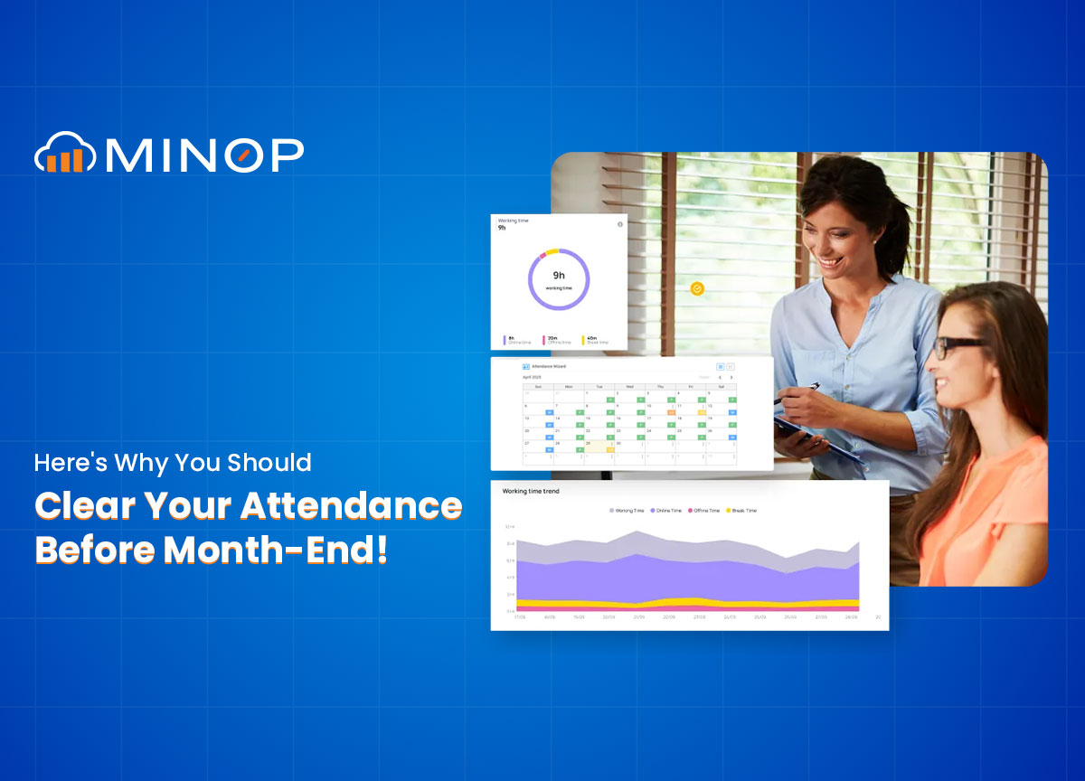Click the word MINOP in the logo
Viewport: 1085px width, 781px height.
204,155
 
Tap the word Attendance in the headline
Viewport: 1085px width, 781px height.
353,505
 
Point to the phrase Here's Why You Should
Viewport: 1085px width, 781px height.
173,463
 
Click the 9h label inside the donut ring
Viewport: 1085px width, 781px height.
559,275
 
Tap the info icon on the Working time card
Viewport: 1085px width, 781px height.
620,224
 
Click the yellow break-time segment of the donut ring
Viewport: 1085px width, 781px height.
551,252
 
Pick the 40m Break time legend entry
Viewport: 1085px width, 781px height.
594,339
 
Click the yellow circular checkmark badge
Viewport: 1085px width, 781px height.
697,288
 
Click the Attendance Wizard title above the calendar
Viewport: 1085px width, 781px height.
547,367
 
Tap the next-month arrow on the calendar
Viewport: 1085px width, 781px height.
731,378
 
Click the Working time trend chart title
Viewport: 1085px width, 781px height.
531,491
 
